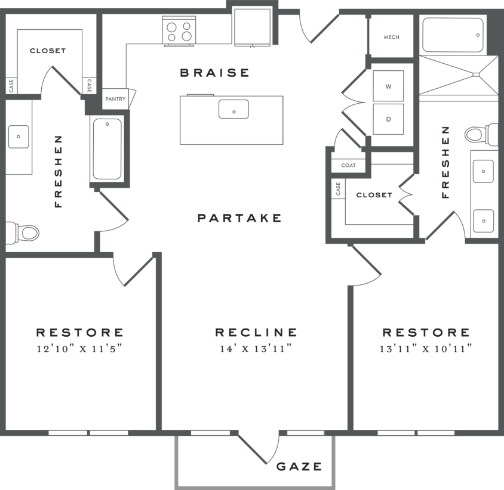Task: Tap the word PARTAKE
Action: (x=239, y=218)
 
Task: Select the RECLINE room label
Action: (x=256, y=333)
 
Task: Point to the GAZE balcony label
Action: (x=299, y=466)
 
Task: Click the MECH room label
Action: (x=391, y=37)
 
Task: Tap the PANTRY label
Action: (x=115, y=99)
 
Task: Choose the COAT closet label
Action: (x=348, y=165)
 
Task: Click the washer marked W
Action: (x=388, y=86)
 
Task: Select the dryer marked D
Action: (x=388, y=119)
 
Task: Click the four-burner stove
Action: (x=180, y=31)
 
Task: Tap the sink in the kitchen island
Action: (x=233, y=110)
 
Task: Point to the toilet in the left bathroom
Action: (x=23, y=232)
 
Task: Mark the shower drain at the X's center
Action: (x=475, y=75)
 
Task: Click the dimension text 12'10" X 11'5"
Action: (x=79, y=349)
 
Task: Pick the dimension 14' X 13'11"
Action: (x=256, y=349)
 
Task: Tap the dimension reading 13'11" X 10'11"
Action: (x=426, y=349)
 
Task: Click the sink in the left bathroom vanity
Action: (x=19, y=137)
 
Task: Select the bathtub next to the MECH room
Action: (x=453, y=35)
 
